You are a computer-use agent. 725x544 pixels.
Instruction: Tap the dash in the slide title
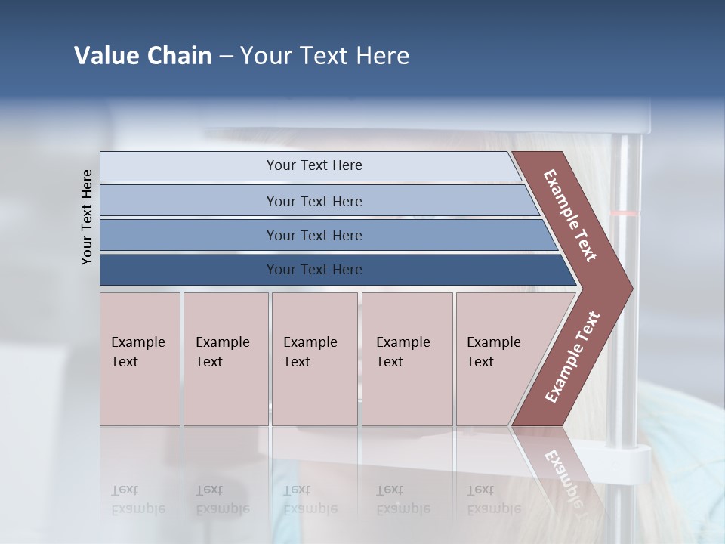coord(226,57)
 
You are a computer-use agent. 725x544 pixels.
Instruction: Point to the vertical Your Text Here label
coord(87,217)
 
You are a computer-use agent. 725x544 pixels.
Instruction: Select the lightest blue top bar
coord(310,165)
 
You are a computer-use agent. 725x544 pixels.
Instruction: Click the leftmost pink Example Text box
coord(140,358)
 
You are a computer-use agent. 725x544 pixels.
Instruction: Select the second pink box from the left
coord(226,358)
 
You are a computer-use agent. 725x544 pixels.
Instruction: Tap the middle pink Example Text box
coord(314,358)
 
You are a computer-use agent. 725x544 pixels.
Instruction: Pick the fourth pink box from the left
coord(407,358)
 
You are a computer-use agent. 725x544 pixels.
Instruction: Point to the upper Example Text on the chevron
coord(570,215)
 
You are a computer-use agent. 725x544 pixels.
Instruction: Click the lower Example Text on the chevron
coord(572,357)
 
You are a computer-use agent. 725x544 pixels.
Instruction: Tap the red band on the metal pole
coord(625,214)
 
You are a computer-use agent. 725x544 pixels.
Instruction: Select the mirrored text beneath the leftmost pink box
coord(138,499)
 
